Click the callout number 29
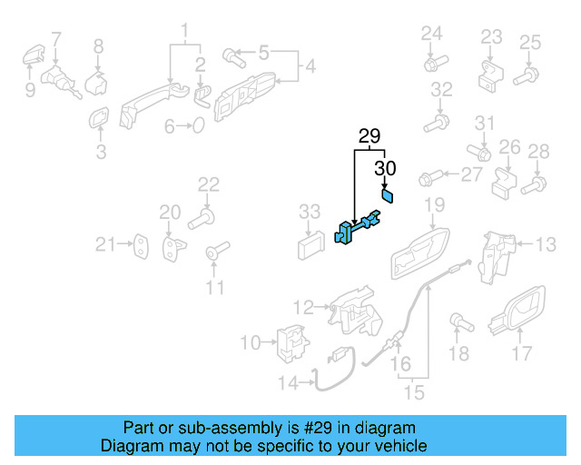pos(369,137)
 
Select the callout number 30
pos(386,168)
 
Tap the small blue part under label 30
pos(386,194)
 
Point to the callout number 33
pos(310,212)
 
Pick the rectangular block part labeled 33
pos(310,242)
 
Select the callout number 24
pos(431,35)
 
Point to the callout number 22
pos(209,184)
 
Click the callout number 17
pos(522,353)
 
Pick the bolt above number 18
pos(457,321)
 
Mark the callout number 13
pos(546,243)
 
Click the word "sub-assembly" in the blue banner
pos(202,428)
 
